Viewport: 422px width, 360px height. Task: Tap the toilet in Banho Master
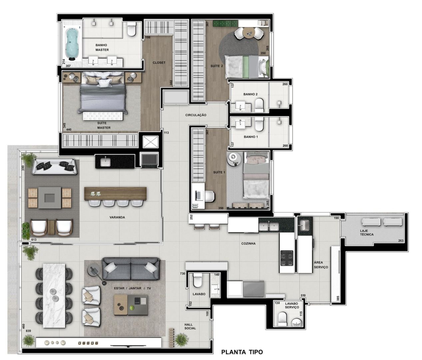pyautogui.click(x=132, y=29)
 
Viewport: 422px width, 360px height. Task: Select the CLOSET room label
pyautogui.click(x=159, y=63)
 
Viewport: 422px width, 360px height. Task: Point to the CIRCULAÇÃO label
pyautogui.click(x=196, y=115)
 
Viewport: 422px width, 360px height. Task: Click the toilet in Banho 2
pyautogui.click(x=259, y=105)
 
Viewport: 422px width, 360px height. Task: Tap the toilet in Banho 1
pyautogui.click(x=259, y=124)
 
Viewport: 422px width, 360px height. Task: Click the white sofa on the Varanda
pyautogui.click(x=55, y=167)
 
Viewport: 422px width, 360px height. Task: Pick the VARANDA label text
pyautogui.click(x=117, y=217)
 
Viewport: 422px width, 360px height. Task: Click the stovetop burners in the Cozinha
pyautogui.click(x=287, y=258)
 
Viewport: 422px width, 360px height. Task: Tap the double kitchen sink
pyautogui.click(x=269, y=227)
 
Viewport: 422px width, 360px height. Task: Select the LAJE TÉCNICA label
pyautogui.click(x=367, y=233)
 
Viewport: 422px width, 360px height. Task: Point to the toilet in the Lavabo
pyautogui.click(x=198, y=280)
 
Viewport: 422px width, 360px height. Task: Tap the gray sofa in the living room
pyautogui.click(x=131, y=269)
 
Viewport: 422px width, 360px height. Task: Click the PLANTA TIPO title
pyautogui.click(x=242, y=352)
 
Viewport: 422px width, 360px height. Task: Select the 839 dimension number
pyautogui.click(x=28, y=331)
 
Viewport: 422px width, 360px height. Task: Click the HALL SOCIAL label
pyautogui.click(x=190, y=326)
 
